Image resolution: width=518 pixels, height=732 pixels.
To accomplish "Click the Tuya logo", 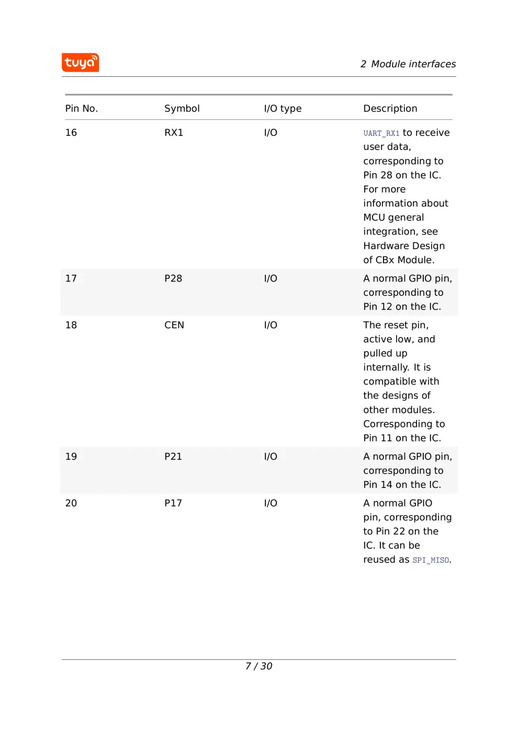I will pyautogui.click(x=80, y=63).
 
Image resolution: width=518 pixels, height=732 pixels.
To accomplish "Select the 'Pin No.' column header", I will pyautogui.click(x=82, y=109).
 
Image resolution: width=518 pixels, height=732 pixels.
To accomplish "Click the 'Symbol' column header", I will pyautogui.click(x=182, y=109).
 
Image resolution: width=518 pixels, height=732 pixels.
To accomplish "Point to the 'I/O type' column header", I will pyautogui.click(x=283, y=109).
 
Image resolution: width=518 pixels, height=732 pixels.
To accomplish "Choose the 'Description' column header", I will pyautogui.click(x=390, y=109).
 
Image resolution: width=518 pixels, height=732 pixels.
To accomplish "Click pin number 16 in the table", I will pyautogui.click(x=71, y=133).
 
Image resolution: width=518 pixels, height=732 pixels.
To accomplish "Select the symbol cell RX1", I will pyautogui.click(x=174, y=133).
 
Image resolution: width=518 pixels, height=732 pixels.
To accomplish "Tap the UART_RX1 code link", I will pyautogui.click(x=381, y=133).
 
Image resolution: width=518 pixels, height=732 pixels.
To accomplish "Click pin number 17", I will pyautogui.click(x=71, y=279).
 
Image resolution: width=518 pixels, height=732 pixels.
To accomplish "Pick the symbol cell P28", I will pyautogui.click(x=173, y=279).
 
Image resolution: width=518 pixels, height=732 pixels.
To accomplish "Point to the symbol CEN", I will pyautogui.click(x=174, y=325).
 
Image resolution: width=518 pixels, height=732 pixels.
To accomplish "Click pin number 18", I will pyautogui.click(x=71, y=325).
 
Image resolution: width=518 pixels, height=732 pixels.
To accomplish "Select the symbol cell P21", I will pyautogui.click(x=173, y=456).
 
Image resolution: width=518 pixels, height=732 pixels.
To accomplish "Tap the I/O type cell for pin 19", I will pyautogui.click(x=271, y=456).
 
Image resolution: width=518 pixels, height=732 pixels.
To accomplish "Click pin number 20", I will pyautogui.click(x=71, y=503).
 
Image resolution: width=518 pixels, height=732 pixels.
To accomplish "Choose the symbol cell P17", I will pyautogui.click(x=173, y=503).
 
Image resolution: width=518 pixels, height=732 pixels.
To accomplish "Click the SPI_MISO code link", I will pyautogui.click(x=430, y=560).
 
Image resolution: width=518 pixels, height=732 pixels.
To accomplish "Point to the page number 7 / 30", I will pyautogui.click(x=258, y=666).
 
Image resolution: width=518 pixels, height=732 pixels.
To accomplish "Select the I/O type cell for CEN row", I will pyautogui.click(x=271, y=325).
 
